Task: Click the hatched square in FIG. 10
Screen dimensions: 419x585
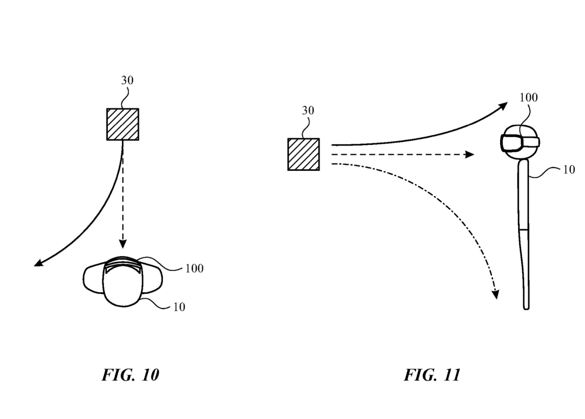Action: (122, 124)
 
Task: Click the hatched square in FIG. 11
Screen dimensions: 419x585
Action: (304, 154)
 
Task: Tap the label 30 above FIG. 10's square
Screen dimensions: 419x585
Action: (127, 80)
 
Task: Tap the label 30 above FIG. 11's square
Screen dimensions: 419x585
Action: (308, 111)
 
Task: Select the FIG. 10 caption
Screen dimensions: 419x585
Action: (130, 375)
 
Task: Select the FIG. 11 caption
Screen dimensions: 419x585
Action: (432, 375)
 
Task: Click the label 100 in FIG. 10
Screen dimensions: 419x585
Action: (194, 268)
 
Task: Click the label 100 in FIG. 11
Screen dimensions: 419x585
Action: (529, 98)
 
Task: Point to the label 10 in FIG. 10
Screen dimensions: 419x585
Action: (179, 307)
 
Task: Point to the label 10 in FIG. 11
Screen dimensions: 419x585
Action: (569, 170)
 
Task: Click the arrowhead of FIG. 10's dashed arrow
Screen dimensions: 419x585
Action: (122, 244)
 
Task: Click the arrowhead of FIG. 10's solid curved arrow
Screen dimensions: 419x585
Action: (37, 263)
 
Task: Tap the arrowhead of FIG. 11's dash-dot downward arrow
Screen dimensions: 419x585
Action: (495, 295)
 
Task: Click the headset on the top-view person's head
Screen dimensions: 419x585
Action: (123, 264)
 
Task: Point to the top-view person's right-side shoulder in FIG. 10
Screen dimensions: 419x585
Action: (153, 278)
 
